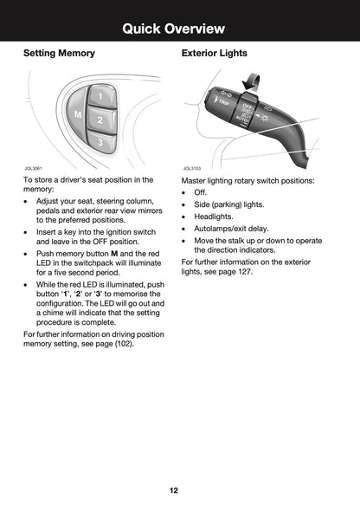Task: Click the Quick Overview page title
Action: click(x=179, y=29)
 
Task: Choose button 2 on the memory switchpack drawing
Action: click(x=100, y=120)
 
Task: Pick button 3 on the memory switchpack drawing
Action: click(x=100, y=141)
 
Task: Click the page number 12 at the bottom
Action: click(x=174, y=490)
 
